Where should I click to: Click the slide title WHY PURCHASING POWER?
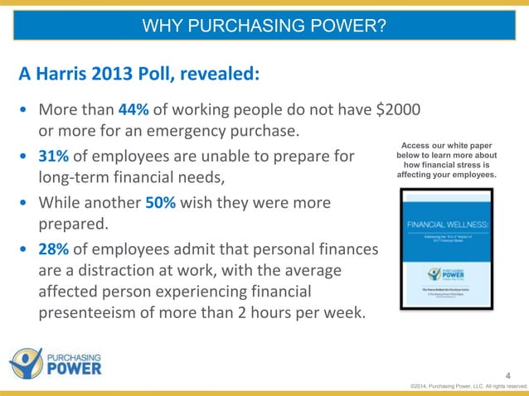264,27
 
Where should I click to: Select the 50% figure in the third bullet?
160,202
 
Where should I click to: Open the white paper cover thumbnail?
446,249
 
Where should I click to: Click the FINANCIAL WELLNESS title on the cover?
446,224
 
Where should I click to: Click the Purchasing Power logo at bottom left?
56,363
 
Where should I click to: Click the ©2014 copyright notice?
468,386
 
